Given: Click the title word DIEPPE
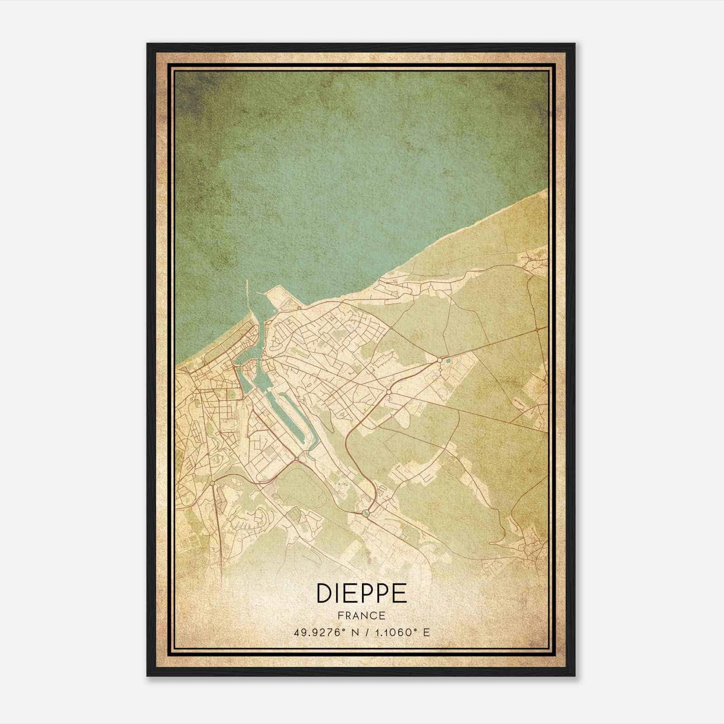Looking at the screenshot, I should pyautogui.click(x=362, y=593).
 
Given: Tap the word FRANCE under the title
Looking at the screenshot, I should pyautogui.click(x=362, y=616).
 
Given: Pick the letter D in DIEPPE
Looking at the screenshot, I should pyautogui.click(x=324, y=593).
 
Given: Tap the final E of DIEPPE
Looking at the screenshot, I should pyautogui.click(x=400, y=593).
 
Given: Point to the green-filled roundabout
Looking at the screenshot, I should pyautogui.click(x=366, y=513).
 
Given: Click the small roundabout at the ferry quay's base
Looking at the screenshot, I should pyautogui.click(x=299, y=308).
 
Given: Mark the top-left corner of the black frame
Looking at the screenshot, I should pyautogui.click(x=148, y=44).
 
